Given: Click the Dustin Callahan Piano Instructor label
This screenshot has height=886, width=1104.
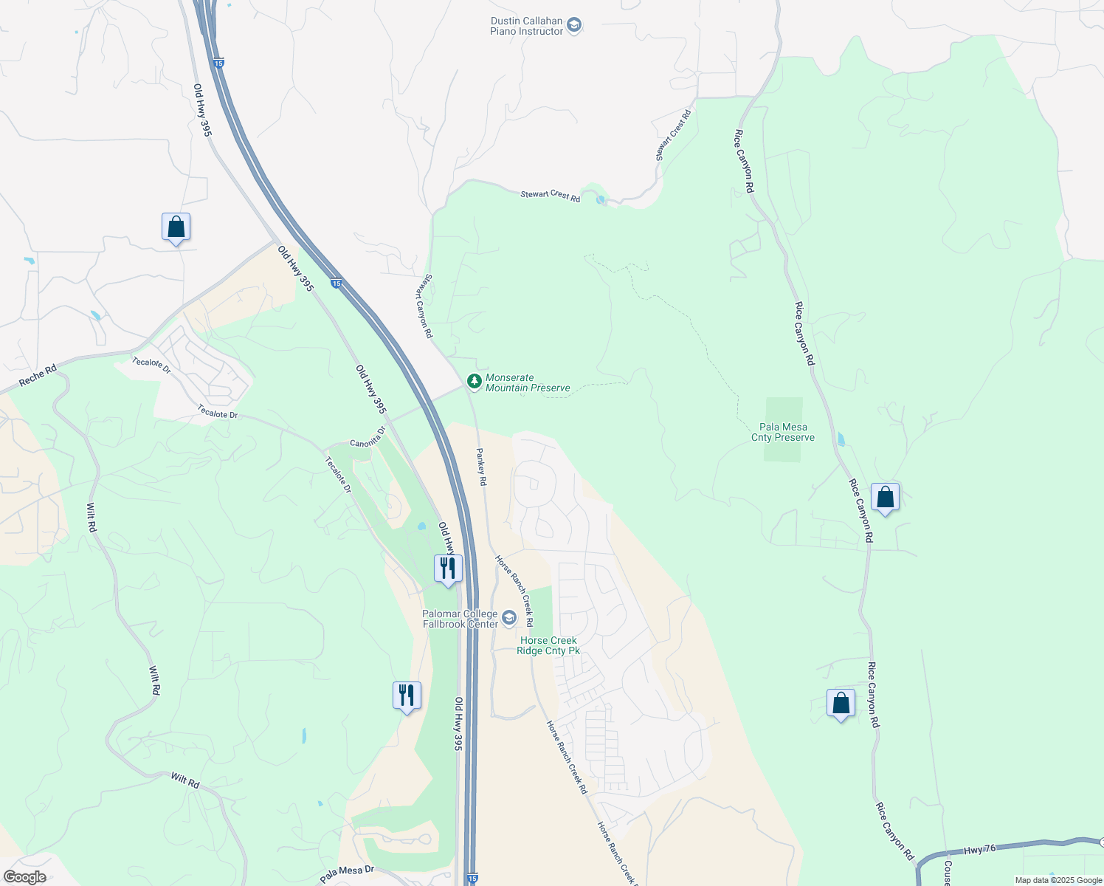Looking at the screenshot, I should [526, 26].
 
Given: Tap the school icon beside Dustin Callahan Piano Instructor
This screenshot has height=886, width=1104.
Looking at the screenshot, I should [574, 26].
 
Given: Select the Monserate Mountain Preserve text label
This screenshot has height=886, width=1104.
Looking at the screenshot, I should [528, 382].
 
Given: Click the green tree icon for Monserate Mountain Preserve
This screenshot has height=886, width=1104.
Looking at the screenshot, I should [475, 382].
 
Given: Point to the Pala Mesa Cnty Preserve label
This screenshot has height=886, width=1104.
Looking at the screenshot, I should [783, 432].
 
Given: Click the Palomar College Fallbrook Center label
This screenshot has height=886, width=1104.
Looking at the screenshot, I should [460, 619].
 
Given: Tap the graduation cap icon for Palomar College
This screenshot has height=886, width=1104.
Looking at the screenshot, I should [509, 618].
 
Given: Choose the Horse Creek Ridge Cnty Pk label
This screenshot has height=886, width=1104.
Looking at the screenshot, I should [548, 645].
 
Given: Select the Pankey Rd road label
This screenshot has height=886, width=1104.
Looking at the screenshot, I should [481, 467].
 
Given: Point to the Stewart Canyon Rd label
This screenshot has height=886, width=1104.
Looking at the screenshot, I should [427, 306].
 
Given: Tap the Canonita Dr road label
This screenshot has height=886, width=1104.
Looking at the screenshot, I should [368, 438].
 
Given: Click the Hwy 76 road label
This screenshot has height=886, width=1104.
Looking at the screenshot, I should [980, 850].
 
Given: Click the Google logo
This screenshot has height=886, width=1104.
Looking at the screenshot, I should [24, 877].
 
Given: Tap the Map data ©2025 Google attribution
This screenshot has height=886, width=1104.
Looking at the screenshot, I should [1058, 880].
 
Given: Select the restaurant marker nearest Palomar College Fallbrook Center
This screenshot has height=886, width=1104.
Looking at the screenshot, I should [448, 569].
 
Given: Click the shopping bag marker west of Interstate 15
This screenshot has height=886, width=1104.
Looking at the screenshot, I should [176, 227].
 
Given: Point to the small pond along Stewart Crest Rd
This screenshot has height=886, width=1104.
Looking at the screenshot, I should [601, 200].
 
